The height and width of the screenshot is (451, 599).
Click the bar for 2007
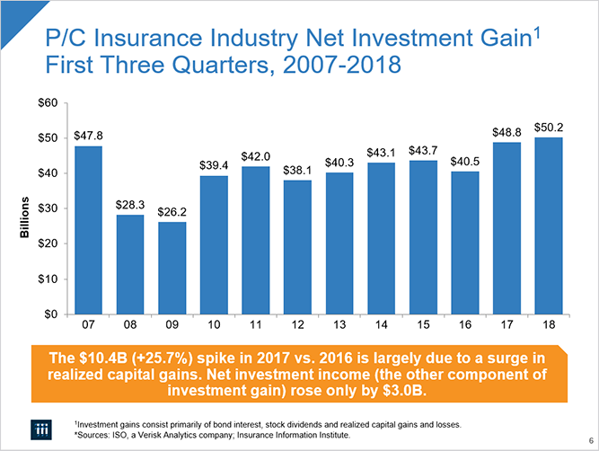[x=89, y=230]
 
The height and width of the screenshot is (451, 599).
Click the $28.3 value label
[x=130, y=205]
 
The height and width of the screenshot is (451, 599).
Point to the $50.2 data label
[x=548, y=128]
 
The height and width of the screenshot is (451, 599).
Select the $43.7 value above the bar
[x=423, y=149]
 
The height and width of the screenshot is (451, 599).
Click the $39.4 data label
[x=214, y=165]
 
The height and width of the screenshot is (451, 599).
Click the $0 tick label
[x=52, y=314]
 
